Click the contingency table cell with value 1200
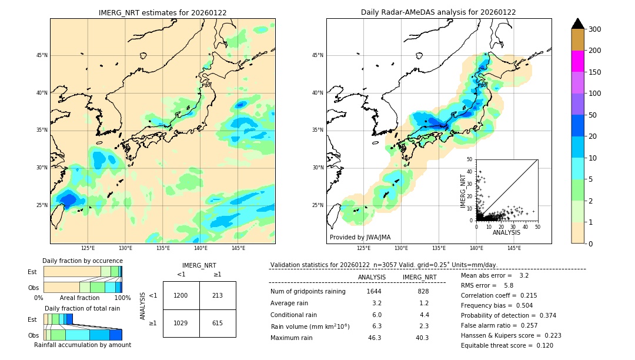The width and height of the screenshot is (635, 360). [x=181, y=295]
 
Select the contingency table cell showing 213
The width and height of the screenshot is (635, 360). [x=218, y=295]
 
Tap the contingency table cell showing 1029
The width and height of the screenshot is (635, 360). [x=181, y=324]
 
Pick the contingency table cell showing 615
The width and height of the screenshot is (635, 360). [x=218, y=324]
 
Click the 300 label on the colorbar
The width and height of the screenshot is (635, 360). [x=594, y=29]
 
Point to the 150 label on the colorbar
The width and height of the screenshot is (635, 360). [x=594, y=72]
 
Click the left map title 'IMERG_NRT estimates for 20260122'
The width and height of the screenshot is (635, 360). [x=162, y=12]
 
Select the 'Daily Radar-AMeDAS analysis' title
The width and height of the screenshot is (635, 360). [x=439, y=12]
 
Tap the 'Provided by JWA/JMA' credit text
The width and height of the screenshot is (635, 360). [x=360, y=238]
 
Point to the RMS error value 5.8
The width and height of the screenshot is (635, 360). [x=508, y=285]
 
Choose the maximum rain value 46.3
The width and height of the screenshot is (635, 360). [x=375, y=338]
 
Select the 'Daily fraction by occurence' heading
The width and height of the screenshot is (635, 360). [x=82, y=261]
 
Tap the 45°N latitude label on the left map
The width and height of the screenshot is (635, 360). [x=42, y=55]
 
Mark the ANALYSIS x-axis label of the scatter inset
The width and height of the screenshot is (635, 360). [x=506, y=232]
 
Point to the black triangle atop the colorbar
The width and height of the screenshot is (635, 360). [x=578, y=24]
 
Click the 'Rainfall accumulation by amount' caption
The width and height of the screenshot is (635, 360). [x=82, y=345]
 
